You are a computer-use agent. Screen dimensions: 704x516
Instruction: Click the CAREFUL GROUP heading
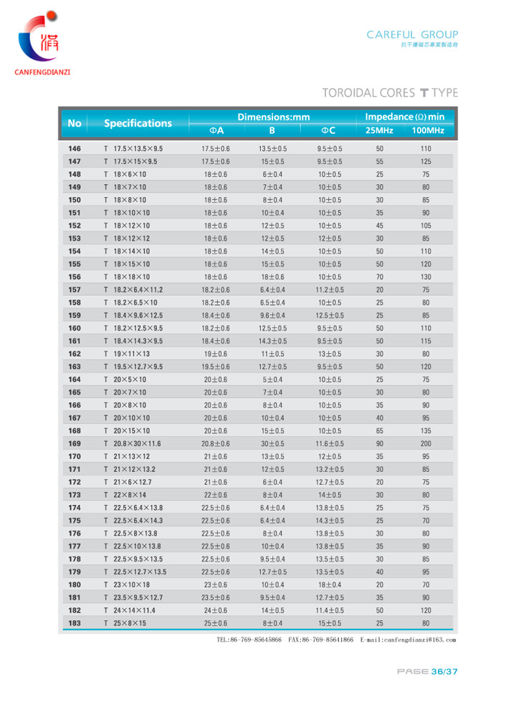point(412,34)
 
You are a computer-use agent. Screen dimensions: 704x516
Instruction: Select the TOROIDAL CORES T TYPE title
point(390,93)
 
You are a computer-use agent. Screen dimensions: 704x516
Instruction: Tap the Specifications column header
point(138,123)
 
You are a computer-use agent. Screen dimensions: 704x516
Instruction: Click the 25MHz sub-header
point(379,130)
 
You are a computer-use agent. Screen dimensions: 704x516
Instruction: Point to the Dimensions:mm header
point(273,116)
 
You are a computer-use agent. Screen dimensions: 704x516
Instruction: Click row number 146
point(75,149)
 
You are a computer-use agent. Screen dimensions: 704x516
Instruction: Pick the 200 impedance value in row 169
point(426,444)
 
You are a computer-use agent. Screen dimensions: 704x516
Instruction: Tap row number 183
point(75,624)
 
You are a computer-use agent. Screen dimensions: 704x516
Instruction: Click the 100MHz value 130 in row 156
point(426,277)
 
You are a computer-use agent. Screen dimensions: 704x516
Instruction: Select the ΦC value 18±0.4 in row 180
point(330,585)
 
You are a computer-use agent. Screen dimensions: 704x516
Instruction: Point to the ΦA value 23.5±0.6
point(216,598)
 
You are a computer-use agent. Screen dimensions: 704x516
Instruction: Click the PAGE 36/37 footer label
point(427,671)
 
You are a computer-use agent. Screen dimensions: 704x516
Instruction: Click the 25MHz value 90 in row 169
point(379,444)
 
